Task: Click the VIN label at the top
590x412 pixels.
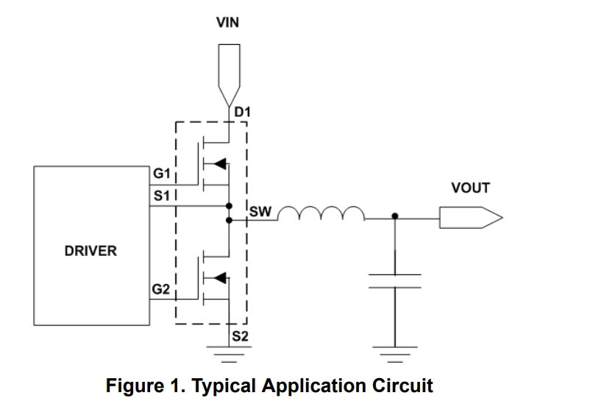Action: pos(227,23)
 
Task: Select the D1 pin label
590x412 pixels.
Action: pos(242,112)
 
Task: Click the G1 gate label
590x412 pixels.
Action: pos(161,174)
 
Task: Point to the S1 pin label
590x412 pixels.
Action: pos(161,196)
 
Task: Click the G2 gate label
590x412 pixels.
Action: pos(160,289)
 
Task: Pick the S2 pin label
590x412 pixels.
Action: pos(240,336)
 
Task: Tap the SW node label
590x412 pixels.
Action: pos(260,212)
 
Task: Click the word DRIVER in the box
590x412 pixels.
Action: pos(90,251)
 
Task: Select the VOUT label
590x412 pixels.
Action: pos(470,188)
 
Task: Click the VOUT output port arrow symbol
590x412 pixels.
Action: pos(471,218)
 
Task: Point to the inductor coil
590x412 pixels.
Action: pos(321,213)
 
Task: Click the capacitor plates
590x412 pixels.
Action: pos(395,281)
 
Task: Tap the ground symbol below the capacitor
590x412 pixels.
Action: pos(395,355)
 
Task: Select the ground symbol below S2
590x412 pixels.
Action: pos(229,355)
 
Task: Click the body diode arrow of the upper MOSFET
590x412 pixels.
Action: pos(221,164)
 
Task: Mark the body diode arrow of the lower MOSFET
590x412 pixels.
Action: pos(221,278)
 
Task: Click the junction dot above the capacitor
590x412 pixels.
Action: pos(395,216)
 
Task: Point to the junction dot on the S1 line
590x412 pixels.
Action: pos(229,206)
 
